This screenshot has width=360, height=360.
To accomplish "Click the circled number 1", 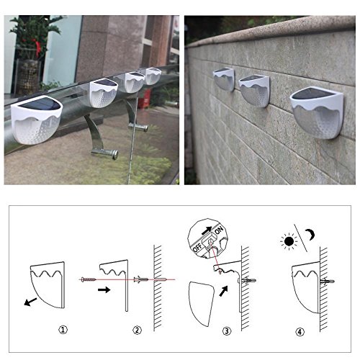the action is tap(63, 330).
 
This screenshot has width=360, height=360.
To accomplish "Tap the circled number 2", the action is tap(137, 330).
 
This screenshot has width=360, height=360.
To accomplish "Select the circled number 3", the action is tap(227, 331).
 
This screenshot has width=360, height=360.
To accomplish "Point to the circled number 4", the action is tap(300, 332).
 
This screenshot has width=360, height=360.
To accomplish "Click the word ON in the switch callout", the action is tap(219, 230).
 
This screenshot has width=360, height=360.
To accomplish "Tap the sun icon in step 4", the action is tap(289, 241).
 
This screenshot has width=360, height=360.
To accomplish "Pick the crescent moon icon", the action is tap(310, 234).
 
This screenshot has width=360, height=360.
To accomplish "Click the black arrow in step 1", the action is tap(30, 302).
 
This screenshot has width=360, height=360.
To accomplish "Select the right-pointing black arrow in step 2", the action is tap(104, 289).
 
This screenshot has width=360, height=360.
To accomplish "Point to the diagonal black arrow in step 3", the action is tap(223, 291).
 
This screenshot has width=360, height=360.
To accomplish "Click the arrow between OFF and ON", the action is tap(207, 230).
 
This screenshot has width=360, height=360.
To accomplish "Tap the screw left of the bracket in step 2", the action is tap(89, 279).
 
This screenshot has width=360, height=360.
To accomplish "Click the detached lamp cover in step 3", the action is tap(202, 304).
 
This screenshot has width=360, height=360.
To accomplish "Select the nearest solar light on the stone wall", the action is tap(317, 113).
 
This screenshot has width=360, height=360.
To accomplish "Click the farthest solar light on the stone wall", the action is tap(224, 79).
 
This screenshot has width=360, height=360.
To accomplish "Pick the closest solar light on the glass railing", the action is tap(37, 120).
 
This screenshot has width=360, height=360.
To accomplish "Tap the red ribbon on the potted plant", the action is tap(37, 49).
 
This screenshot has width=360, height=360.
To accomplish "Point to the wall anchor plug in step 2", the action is tap(141, 279).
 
